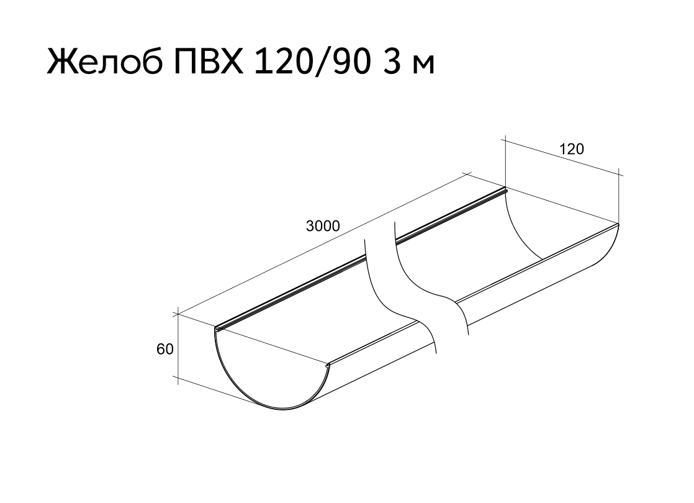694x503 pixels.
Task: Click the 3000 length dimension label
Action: pos(323,226)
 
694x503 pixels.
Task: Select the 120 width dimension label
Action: pos(572,149)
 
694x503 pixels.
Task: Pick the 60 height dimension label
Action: pos(165,350)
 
